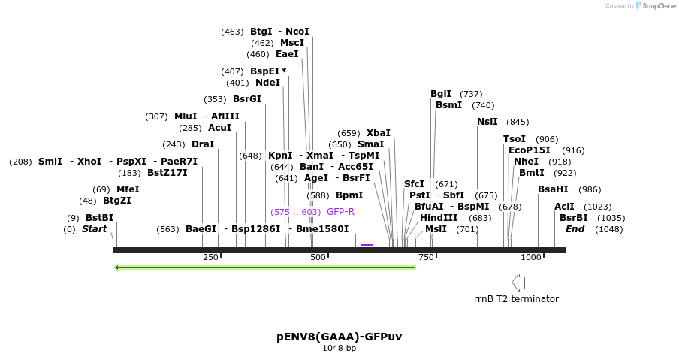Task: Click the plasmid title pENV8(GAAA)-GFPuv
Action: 339,336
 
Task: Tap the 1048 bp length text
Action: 339,348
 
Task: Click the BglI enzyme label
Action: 441,94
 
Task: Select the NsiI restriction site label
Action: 487,122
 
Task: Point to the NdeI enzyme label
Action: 267,83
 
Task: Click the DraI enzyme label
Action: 203,144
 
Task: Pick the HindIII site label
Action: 439,218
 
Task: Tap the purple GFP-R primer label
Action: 340,212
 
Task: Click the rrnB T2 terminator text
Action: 516,298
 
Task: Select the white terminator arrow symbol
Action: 518,282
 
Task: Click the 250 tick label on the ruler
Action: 210,257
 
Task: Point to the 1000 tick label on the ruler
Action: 530,257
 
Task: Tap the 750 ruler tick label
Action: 427,257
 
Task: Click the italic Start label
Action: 95,229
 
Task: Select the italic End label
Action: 575,229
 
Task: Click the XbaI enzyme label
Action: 379,133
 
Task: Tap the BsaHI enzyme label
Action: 553,189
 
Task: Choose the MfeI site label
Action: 128,189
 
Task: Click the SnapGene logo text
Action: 656,6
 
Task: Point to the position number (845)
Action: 518,122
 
